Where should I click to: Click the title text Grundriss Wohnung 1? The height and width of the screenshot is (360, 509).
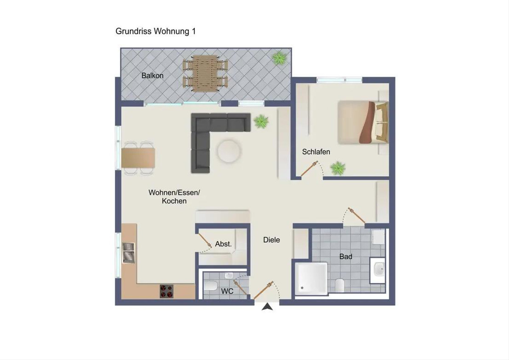[155, 31]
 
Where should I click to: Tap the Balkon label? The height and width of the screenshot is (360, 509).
[152, 76]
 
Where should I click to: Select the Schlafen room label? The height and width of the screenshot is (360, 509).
[316, 152]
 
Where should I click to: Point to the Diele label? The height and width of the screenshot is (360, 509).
[271, 240]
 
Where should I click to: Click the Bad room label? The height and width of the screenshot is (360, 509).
[346, 256]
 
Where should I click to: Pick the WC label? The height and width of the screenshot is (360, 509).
[227, 291]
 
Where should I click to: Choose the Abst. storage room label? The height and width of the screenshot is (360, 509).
[224, 244]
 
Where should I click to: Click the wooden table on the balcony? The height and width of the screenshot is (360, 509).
[205, 73]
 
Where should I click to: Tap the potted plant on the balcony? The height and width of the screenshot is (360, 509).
[279, 59]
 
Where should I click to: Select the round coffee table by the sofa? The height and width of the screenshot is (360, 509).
[229, 151]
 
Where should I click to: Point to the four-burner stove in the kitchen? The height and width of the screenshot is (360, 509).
[167, 291]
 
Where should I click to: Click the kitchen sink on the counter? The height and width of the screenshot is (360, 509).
[129, 253]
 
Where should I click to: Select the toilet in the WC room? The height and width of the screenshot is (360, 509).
[210, 286]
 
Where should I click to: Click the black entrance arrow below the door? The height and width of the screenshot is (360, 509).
[267, 307]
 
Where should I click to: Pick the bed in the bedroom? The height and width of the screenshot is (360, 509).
[363, 123]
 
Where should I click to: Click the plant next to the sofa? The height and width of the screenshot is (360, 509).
[261, 121]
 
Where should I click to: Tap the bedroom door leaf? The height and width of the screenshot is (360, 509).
[309, 169]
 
